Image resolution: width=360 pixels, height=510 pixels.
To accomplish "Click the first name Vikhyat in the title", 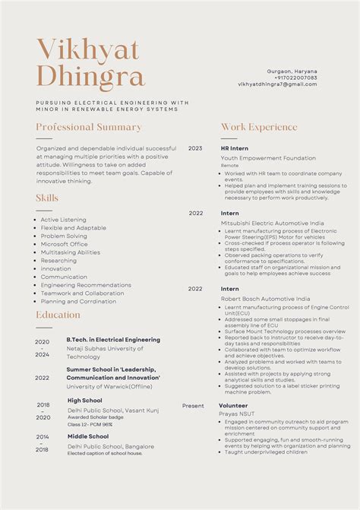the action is pyautogui.click(x=88, y=49).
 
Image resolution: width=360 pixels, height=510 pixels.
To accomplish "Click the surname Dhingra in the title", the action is pyautogui.click(x=90, y=77).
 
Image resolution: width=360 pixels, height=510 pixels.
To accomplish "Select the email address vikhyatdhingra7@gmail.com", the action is pyautogui.click(x=277, y=84).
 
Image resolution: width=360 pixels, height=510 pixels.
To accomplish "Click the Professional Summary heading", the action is pyautogui.click(x=89, y=127).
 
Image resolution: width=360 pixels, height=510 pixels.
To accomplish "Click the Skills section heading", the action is pyautogui.click(x=47, y=198).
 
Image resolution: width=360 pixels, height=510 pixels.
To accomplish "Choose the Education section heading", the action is pyautogui.click(x=58, y=315).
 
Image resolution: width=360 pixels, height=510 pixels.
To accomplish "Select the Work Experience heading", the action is pyautogui.click(x=259, y=127).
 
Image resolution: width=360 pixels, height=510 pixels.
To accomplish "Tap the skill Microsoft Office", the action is pyautogui.click(x=64, y=244).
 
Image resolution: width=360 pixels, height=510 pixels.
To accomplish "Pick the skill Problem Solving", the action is pyautogui.click(x=64, y=236).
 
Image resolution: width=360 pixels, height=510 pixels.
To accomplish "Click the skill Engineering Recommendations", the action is pyautogui.click(x=86, y=285).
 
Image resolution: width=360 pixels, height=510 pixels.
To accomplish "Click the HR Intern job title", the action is pyautogui.click(x=235, y=148).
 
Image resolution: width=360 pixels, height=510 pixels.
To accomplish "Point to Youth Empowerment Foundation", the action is pyautogui.click(x=268, y=158).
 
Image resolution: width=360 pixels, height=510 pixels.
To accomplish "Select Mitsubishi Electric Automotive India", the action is pyautogui.click(x=272, y=223).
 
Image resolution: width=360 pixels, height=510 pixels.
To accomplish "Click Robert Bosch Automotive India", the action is pyautogui.click(x=265, y=299).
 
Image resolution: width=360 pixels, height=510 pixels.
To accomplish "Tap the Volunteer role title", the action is pyautogui.click(x=234, y=406).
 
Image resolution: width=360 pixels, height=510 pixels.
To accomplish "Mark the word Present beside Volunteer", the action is pyautogui.click(x=193, y=406).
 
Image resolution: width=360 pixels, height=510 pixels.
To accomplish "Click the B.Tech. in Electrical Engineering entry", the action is pyautogui.click(x=113, y=340).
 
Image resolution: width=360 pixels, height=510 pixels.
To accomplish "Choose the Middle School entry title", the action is pyautogui.click(x=88, y=436).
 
